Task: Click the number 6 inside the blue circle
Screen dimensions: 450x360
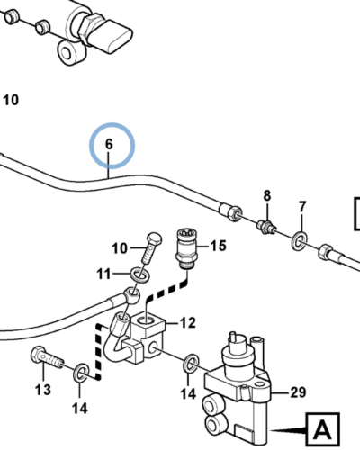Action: click(110, 143)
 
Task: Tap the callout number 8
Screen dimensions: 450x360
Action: click(266, 195)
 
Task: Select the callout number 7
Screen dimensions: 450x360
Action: click(302, 207)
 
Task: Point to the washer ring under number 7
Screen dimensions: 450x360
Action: click(298, 240)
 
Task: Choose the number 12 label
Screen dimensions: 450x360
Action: click(187, 322)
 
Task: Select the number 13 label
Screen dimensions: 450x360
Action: click(43, 389)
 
